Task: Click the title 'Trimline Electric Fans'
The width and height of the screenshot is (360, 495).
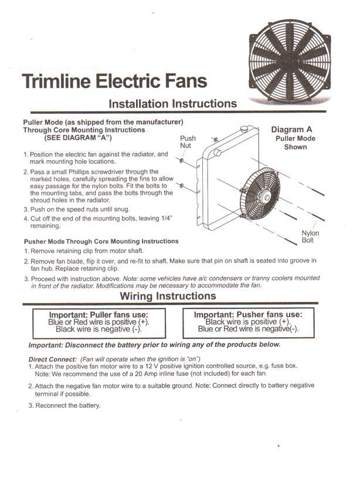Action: pyautogui.click(x=114, y=80)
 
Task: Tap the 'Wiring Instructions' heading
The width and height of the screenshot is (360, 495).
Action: pyautogui.click(x=168, y=296)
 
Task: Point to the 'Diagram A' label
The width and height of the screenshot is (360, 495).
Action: pyautogui.click(x=296, y=130)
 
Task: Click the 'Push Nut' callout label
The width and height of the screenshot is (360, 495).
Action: pyautogui.click(x=188, y=142)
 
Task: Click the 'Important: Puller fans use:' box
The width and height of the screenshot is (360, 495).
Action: pyautogui.click(x=98, y=322)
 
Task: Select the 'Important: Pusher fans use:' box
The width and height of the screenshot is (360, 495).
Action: pyautogui.click(x=248, y=322)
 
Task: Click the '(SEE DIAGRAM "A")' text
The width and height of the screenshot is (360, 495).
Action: pyautogui.click(x=78, y=138)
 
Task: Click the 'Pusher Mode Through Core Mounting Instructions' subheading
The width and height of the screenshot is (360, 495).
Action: pyautogui.click(x=101, y=241)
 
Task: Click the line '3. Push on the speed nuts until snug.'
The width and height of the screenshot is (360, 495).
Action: pyautogui.click(x=76, y=209)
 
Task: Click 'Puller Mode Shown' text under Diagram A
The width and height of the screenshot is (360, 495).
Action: pyautogui.click(x=296, y=143)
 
